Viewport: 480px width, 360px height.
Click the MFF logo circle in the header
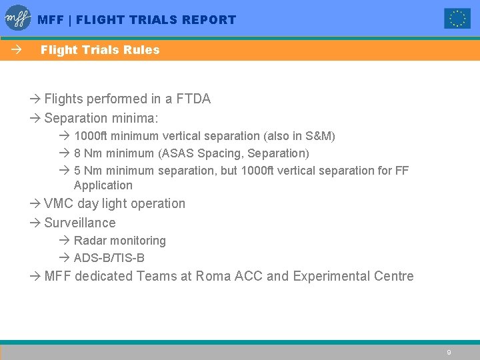18,18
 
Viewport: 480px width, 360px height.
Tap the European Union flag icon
457,19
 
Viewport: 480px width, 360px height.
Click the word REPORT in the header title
209,20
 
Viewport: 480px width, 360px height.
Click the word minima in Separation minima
143,119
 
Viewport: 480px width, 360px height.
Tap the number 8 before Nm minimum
77,154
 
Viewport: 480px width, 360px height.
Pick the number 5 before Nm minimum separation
77,171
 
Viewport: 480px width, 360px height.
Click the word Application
103,186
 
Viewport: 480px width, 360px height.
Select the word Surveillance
80,223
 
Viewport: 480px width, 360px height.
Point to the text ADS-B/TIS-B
109,258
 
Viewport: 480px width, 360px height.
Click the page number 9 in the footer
449,352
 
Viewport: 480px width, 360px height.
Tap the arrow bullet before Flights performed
35,99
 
